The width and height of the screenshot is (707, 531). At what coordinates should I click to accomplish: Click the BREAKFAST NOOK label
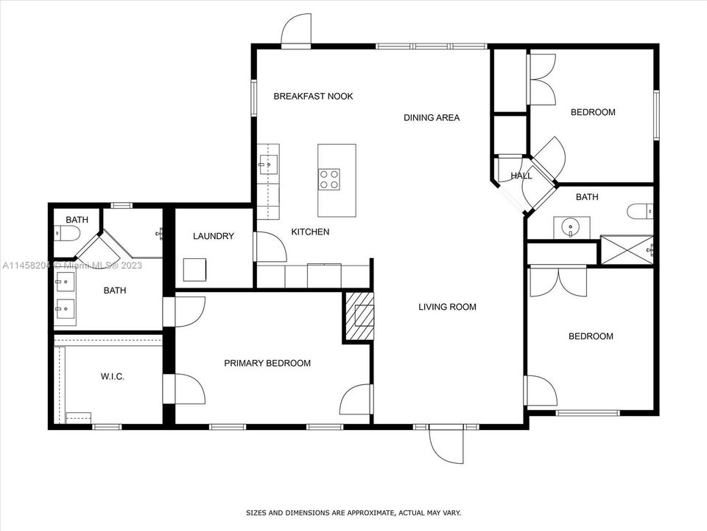[x=314, y=96]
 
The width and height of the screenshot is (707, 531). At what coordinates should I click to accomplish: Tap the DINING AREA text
[x=432, y=118]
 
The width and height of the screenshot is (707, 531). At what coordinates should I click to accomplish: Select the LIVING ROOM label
[x=447, y=307]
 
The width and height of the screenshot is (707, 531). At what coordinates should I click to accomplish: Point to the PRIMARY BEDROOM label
[x=267, y=363]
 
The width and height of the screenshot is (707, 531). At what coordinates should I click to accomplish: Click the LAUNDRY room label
[x=214, y=236]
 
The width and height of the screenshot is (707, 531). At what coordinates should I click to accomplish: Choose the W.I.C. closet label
[x=112, y=377]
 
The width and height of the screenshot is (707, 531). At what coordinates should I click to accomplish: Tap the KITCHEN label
[x=310, y=232]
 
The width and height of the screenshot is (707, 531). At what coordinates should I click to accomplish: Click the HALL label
[x=521, y=176]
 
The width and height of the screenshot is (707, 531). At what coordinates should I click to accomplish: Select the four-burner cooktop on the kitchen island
[x=329, y=178]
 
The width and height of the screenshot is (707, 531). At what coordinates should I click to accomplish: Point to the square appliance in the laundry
[x=194, y=270]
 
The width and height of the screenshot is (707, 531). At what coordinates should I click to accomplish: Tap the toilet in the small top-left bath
[x=67, y=234]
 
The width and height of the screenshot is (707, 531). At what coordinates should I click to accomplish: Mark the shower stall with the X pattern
[x=627, y=250]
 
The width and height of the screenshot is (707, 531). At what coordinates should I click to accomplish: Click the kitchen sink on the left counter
[x=269, y=164]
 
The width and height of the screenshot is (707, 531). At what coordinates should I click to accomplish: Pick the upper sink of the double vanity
[x=65, y=283]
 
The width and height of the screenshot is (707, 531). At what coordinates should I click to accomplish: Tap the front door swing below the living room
[x=446, y=444]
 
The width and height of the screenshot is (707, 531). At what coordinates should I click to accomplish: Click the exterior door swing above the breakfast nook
[x=296, y=29]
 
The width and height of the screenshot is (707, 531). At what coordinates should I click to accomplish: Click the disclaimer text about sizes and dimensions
[x=353, y=513]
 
